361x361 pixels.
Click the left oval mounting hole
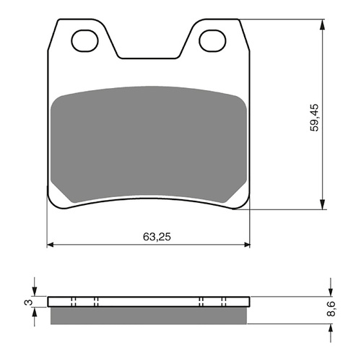(85, 42)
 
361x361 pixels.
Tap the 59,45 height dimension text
(313, 116)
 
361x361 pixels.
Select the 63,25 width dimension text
(149, 236)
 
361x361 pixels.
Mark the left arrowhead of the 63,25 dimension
(51, 245)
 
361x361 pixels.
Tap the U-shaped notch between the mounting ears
(149, 51)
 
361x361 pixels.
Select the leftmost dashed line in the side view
(74, 302)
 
